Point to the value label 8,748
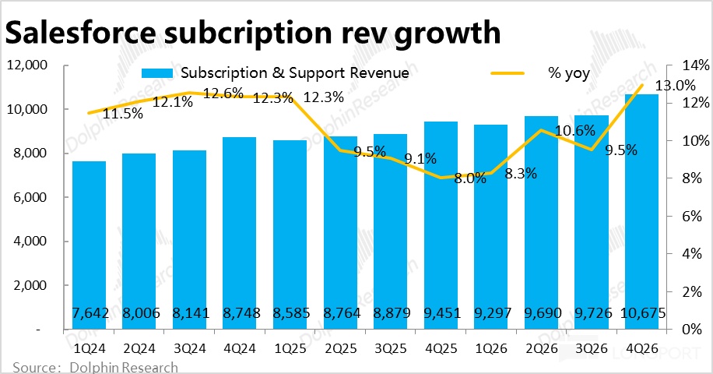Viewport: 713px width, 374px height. coord(239,312)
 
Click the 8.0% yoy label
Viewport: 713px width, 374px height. coord(469,178)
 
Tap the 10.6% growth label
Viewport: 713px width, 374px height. coord(577,130)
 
